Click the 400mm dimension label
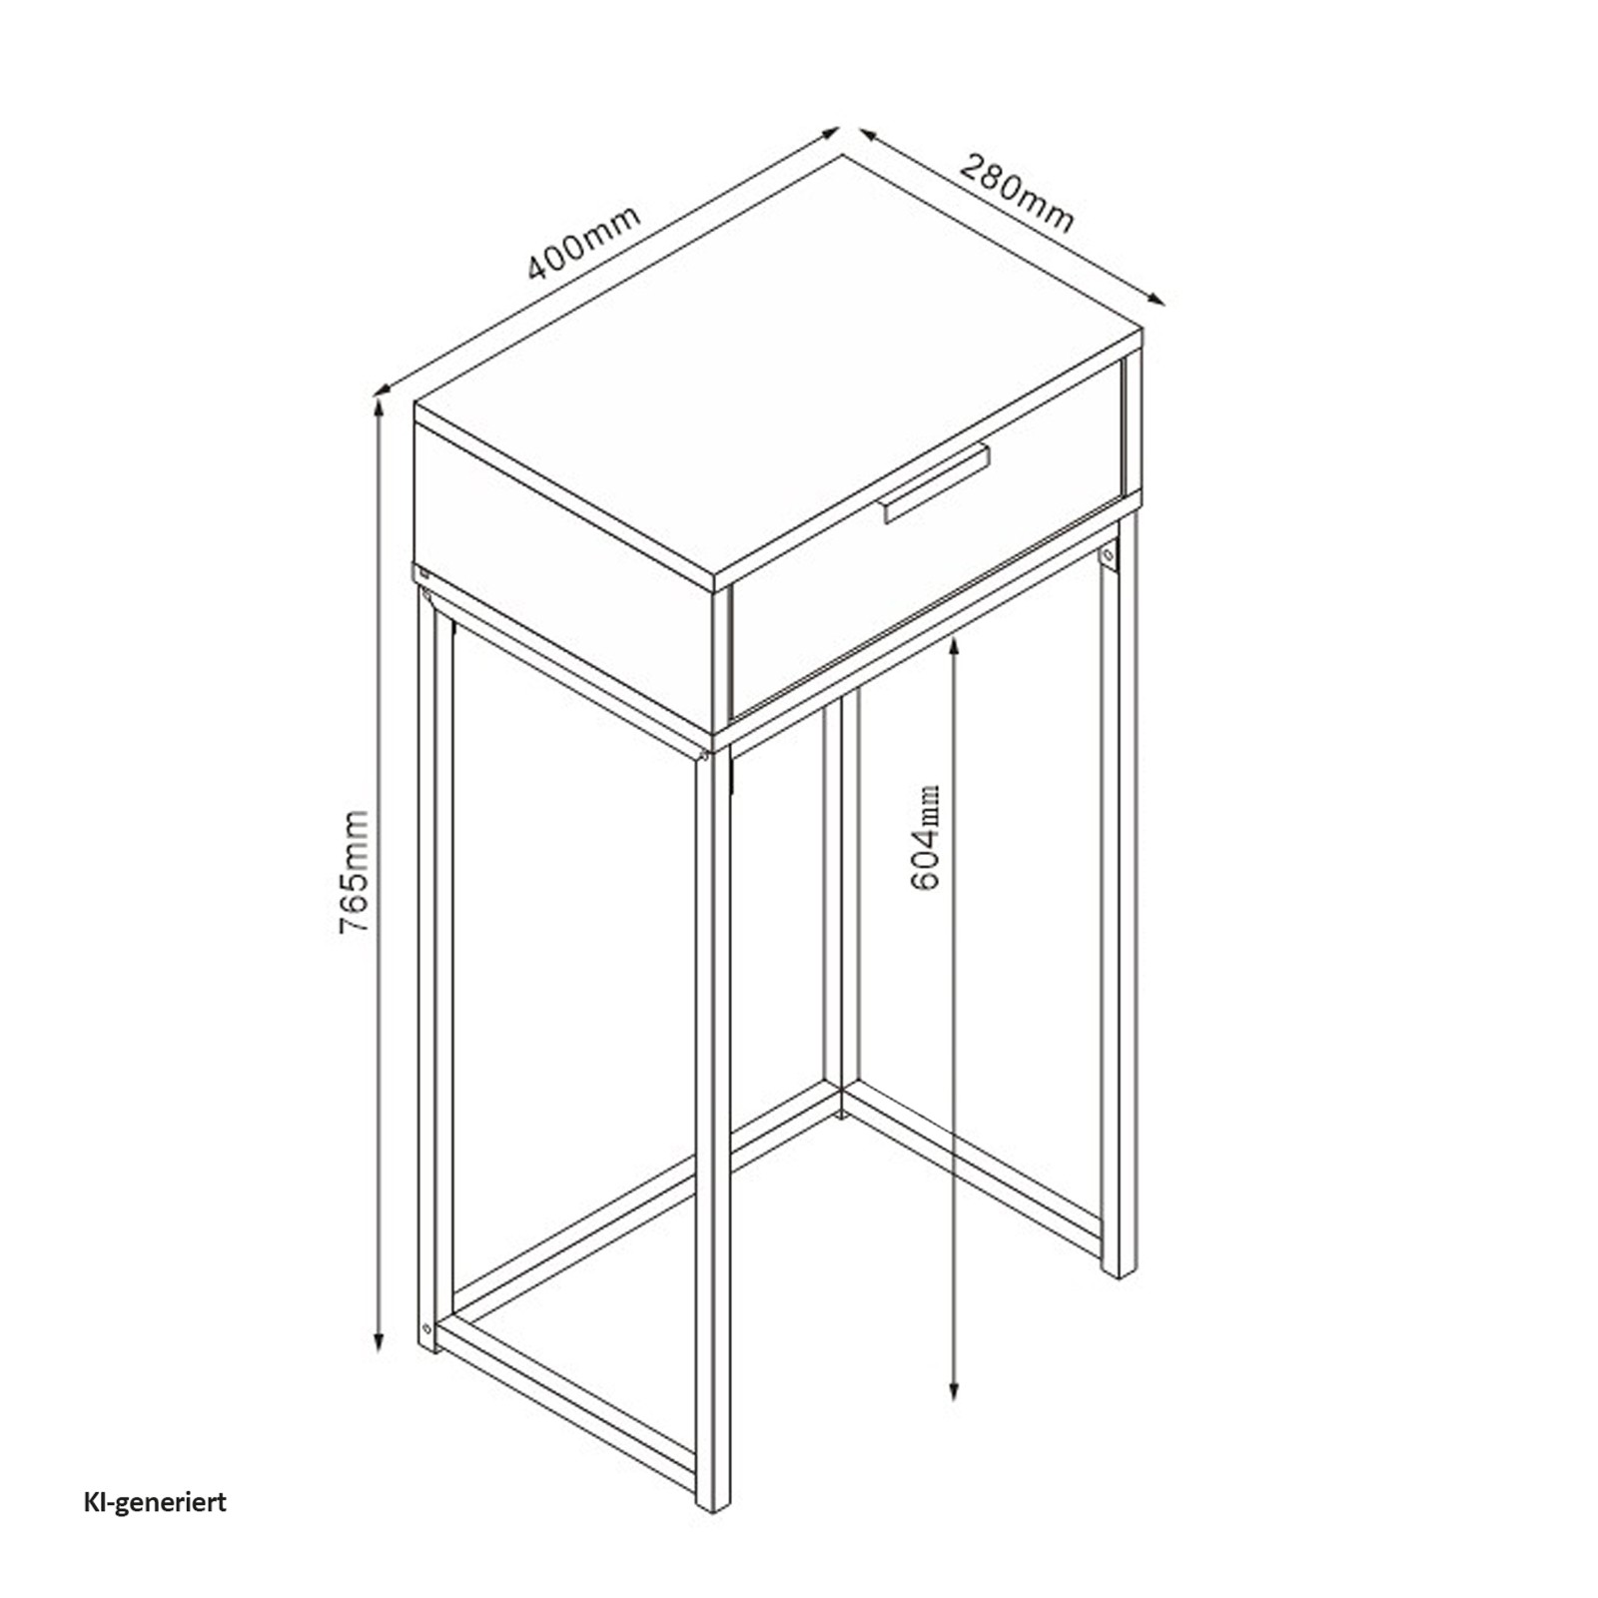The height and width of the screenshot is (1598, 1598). pyautogui.click(x=584, y=243)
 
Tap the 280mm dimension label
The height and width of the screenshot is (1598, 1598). pyautogui.click(x=1017, y=206)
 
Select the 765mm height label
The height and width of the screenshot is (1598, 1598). pyautogui.click(x=355, y=873)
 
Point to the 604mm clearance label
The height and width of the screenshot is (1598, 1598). pyautogui.click(x=926, y=838)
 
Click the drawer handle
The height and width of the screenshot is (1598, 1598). pyautogui.click(x=936, y=482)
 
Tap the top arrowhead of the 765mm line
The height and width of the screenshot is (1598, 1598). pyautogui.click(x=379, y=409)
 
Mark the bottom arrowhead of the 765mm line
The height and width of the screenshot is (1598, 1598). pyautogui.click(x=379, y=1339)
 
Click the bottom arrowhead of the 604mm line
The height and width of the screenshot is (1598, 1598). pyautogui.click(x=955, y=1387)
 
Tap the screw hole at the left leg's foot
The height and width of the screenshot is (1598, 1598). pyautogui.click(x=427, y=1329)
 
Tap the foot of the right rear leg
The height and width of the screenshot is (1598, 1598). pyautogui.click(x=1120, y=1267)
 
